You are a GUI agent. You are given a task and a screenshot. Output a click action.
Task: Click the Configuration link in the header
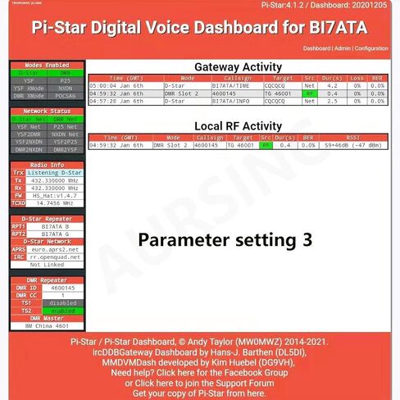(372, 48)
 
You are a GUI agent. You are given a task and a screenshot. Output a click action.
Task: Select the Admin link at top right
(343, 48)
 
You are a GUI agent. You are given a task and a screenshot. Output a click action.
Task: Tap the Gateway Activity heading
(239, 66)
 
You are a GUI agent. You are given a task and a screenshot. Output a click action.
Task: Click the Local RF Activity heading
(239, 125)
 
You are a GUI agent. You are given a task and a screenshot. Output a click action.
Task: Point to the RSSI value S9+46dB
(353, 145)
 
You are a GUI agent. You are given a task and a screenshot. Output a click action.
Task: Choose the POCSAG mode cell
(65, 94)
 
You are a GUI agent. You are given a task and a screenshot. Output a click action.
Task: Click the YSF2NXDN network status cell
(29, 142)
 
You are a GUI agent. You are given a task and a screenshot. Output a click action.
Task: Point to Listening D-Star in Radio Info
(54, 173)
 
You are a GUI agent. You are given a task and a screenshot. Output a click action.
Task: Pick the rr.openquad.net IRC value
(54, 257)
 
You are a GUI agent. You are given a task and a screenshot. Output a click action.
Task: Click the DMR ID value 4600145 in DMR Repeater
(54, 288)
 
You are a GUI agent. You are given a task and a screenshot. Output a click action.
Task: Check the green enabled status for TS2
(54, 311)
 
